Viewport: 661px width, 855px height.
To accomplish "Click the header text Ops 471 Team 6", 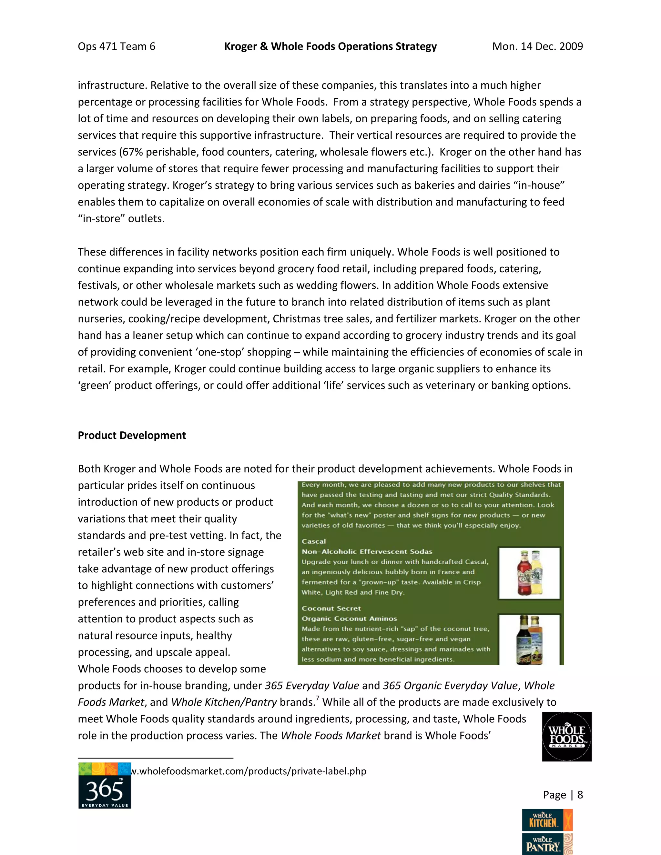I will click(x=116, y=46).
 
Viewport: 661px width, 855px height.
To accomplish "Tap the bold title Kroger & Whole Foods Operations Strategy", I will click(x=330, y=46).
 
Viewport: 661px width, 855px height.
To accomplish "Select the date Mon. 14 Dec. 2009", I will click(x=537, y=46).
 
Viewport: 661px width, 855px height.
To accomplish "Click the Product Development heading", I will click(x=132, y=435).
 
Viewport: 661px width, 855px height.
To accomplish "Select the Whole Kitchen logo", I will click(x=547, y=820).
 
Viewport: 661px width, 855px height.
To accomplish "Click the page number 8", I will click(x=580, y=795).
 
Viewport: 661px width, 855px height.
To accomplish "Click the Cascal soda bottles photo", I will click(x=529, y=573).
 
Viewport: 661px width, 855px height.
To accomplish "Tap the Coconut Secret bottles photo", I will click(x=529, y=640).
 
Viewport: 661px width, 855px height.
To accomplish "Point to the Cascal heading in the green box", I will click(x=314, y=541).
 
